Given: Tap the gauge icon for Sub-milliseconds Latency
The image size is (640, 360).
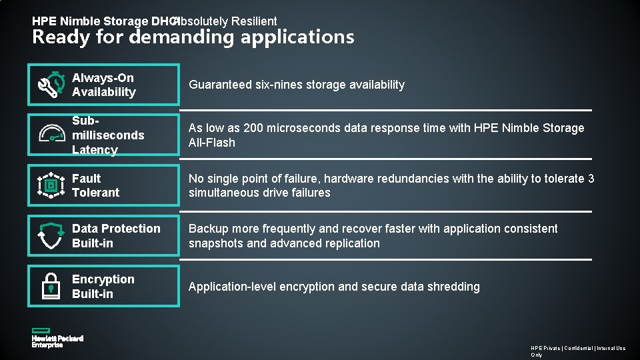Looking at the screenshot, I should pyautogui.click(x=51, y=134).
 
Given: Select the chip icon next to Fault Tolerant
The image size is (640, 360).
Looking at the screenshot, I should pyautogui.click(x=51, y=185).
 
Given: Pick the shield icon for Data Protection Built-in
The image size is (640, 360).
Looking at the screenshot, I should pyautogui.click(x=51, y=236).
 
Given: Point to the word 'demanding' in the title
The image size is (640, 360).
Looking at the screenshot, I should pyautogui.click(x=182, y=37).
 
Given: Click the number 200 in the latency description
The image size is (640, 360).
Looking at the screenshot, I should pyautogui.click(x=254, y=128).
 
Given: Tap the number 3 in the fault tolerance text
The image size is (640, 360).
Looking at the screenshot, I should pyautogui.click(x=591, y=179).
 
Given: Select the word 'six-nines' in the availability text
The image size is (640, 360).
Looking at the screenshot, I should pyautogui.click(x=277, y=85).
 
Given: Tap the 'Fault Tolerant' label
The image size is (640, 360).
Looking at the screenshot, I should pyautogui.click(x=95, y=185).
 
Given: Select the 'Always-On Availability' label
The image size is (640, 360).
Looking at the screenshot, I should pyautogui.click(x=103, y=85).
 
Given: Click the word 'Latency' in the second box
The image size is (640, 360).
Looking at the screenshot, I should pyautogui.click(x=95, y=150).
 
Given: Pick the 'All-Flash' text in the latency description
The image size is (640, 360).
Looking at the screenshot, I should pyautogui.click(x=212, y=143).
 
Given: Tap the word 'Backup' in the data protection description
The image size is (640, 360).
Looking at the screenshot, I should pyautogui.click(x=208, y=229).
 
